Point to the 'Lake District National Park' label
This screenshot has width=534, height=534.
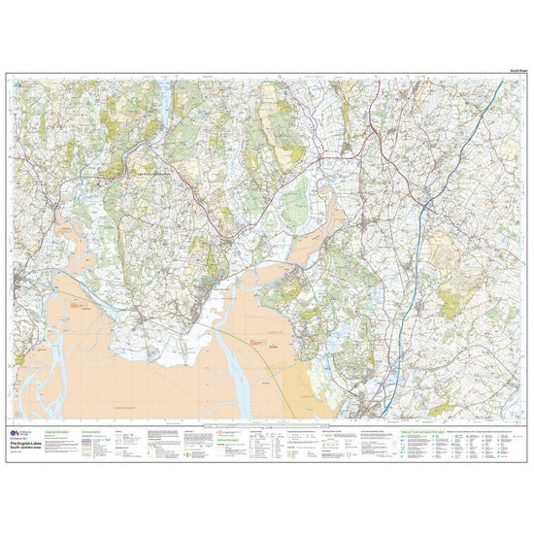150,173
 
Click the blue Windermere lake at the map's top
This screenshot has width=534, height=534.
166,97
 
